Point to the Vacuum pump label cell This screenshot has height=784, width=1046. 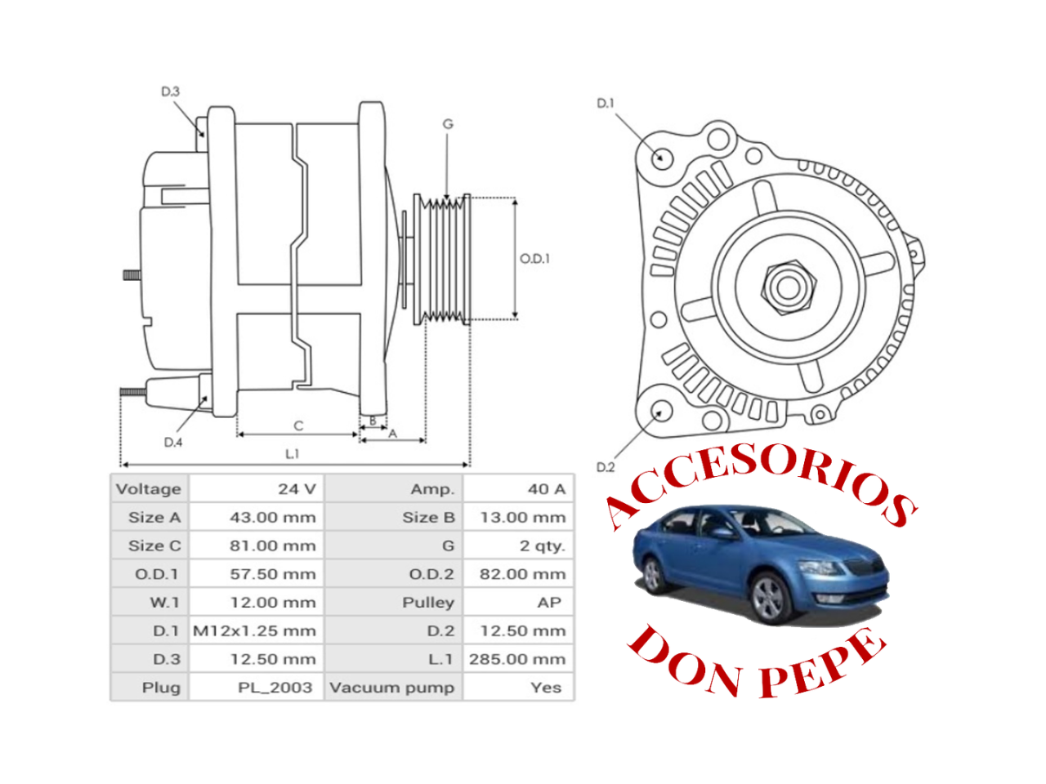tap(392, 688)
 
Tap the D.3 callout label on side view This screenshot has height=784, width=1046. tap(170, 92)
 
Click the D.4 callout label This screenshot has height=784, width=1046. tap(172, 443)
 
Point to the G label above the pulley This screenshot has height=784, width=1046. tap(448, 124)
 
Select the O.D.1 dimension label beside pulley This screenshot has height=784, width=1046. tap(534, 259)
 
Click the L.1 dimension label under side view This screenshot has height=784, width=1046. tap(292, 454)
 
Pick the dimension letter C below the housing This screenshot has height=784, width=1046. tap(298, 425)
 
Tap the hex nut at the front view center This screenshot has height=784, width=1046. tap(789, 287)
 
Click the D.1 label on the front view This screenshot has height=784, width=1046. tap(605, 104)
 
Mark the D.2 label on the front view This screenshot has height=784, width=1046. tap(605, 467)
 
